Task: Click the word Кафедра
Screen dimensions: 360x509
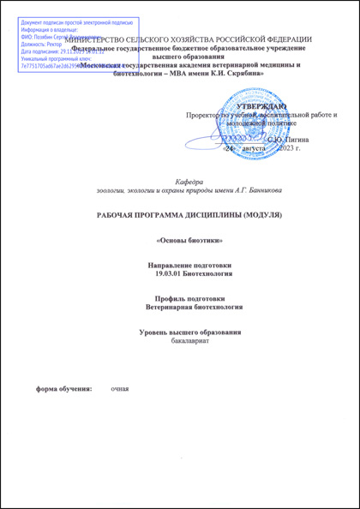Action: pyautogui.click(x=189, y=182)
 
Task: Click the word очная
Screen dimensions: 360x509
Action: pyautogui.click(x=119, y=389)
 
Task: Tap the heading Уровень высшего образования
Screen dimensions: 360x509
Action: pyautogui.click(x=189, y=332)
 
